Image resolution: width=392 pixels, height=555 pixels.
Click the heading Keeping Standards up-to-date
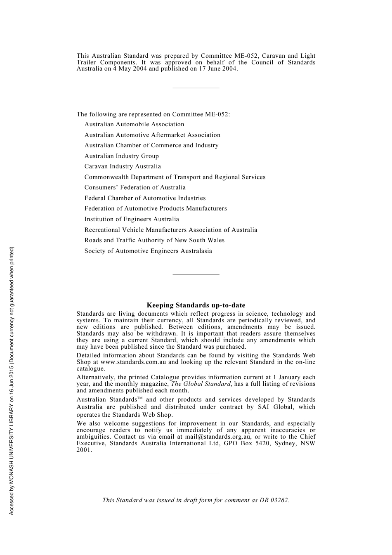coord(196,305)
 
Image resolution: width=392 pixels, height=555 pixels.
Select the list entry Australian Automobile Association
coord(134,124)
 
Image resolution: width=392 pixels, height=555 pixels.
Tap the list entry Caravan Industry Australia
coord(123,166)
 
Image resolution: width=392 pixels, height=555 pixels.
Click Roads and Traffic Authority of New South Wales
coord(154,240)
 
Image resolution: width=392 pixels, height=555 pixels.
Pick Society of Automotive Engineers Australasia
coord(148,251)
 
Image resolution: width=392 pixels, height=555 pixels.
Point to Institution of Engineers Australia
coord(132,219)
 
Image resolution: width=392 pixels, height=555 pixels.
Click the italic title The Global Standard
coord(201,384)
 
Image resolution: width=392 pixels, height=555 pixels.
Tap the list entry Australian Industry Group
coord(121,156)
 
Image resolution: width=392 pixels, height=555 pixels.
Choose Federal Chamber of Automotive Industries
coord(145,198)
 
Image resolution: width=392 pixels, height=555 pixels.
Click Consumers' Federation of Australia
coord(135,187)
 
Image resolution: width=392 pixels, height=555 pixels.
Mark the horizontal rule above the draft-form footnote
coord(196,473)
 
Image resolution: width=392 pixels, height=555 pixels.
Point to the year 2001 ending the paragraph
coord(84,450)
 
